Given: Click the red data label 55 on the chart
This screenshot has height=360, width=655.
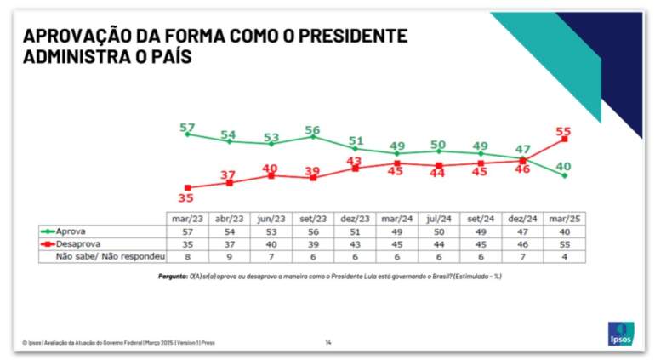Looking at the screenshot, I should click(x=562, y=131).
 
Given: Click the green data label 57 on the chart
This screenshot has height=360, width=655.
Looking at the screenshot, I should click(x=187, y=128).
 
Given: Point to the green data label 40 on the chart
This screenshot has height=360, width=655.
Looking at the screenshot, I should click(x=562, y=165).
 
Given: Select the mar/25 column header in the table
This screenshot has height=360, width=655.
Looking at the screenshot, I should click(x=562, y=219).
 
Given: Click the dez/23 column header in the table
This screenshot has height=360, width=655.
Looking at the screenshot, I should click(x=354, y=219).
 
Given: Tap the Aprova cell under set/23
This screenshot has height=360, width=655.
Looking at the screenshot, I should click(x=312, y=230).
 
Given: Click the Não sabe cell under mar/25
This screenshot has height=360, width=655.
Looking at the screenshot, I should click(x=562, y=254).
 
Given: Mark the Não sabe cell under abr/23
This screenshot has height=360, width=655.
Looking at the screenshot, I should click(x=229, y=254).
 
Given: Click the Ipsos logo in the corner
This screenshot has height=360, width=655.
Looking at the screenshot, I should click(x=620, y=334).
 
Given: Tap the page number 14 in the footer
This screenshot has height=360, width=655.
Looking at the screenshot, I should click(x=327, y=342).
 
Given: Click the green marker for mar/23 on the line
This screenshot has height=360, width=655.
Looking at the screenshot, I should click(x=187, y=134).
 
